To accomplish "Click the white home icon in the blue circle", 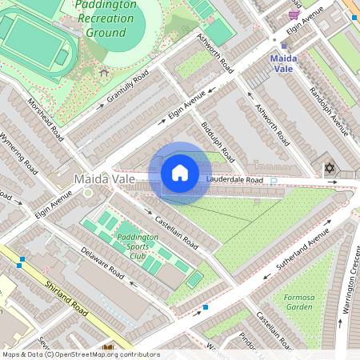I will tap(180, 173).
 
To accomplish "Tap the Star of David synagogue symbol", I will tap(329, 169).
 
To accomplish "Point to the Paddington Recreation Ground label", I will tap(106, 21).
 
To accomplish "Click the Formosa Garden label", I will tap(299, 301).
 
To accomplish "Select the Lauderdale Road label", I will tap(234, 181).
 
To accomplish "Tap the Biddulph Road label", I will tap(217, 140).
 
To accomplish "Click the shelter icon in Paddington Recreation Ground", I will tap(104, 72).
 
